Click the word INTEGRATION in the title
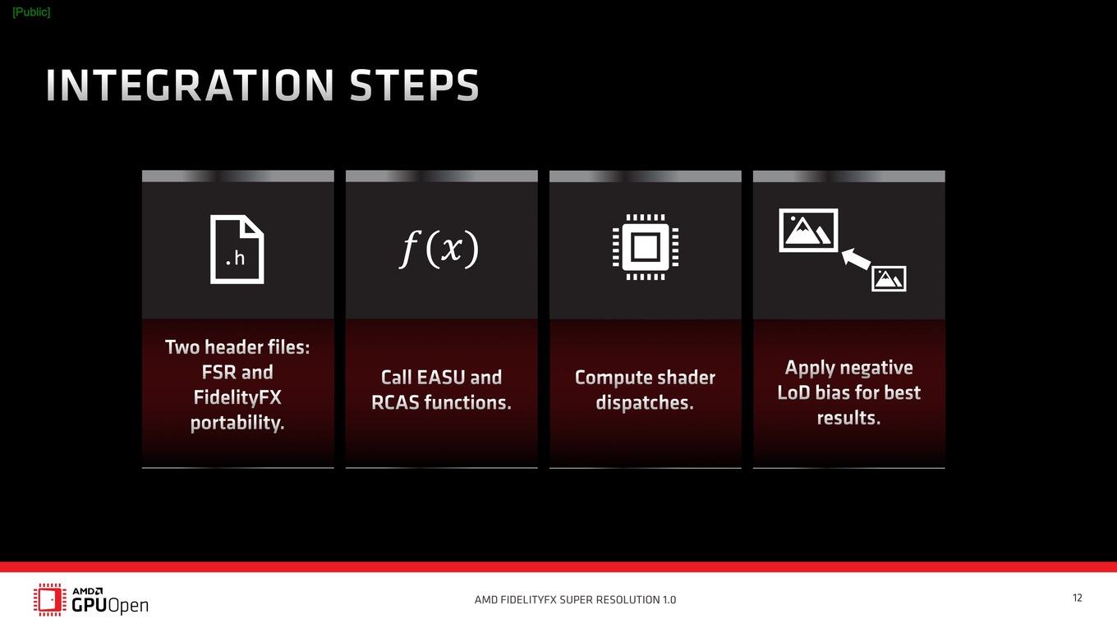190,85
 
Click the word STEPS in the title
414,85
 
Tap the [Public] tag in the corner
31,12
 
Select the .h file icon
237,250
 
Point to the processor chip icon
646,247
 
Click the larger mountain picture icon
808,230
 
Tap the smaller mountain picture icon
889,278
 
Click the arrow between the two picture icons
856,259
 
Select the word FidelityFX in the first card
237,397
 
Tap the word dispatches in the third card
643,403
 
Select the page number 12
1077,598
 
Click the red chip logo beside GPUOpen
50,599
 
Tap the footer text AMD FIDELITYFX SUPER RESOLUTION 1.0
575,599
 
